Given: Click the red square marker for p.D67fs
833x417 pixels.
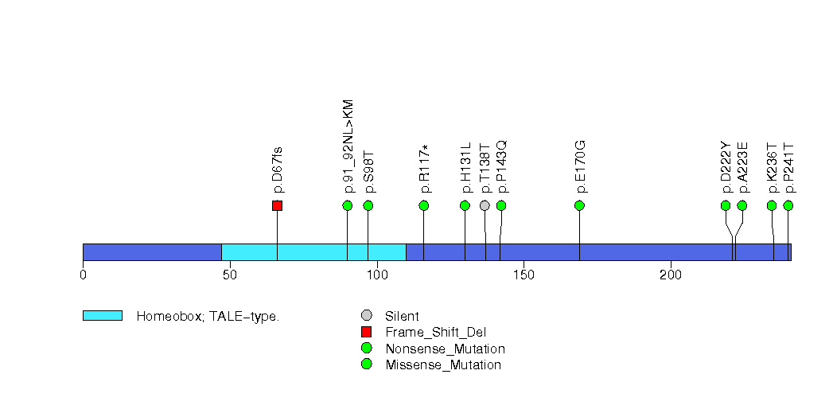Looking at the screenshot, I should point(277,205).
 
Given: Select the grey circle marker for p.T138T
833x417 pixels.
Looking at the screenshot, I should point(485,205).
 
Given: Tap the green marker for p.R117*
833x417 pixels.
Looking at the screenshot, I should point(424,205).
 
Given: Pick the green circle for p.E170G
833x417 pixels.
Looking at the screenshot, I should point(579,205).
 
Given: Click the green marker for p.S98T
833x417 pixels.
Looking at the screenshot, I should point(368,205).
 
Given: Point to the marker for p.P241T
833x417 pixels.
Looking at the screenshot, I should point(788,205).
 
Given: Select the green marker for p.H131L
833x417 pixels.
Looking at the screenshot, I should point(465,205).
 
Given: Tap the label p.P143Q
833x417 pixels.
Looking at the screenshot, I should point(501,166).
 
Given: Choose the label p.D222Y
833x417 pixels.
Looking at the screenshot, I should point(726,166).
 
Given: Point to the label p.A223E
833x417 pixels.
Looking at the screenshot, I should point(742,166).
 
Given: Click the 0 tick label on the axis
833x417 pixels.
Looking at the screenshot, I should point(83,275).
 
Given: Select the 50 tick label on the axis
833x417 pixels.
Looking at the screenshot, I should point(230,275).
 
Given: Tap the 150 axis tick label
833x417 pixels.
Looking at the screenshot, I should point(524,275).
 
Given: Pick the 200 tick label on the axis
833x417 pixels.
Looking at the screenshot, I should point(671,275).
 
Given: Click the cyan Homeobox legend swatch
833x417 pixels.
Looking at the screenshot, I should point(102,316).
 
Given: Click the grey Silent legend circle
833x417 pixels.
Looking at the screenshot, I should point(366,316).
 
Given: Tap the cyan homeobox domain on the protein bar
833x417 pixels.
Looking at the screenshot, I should point(313,251).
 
